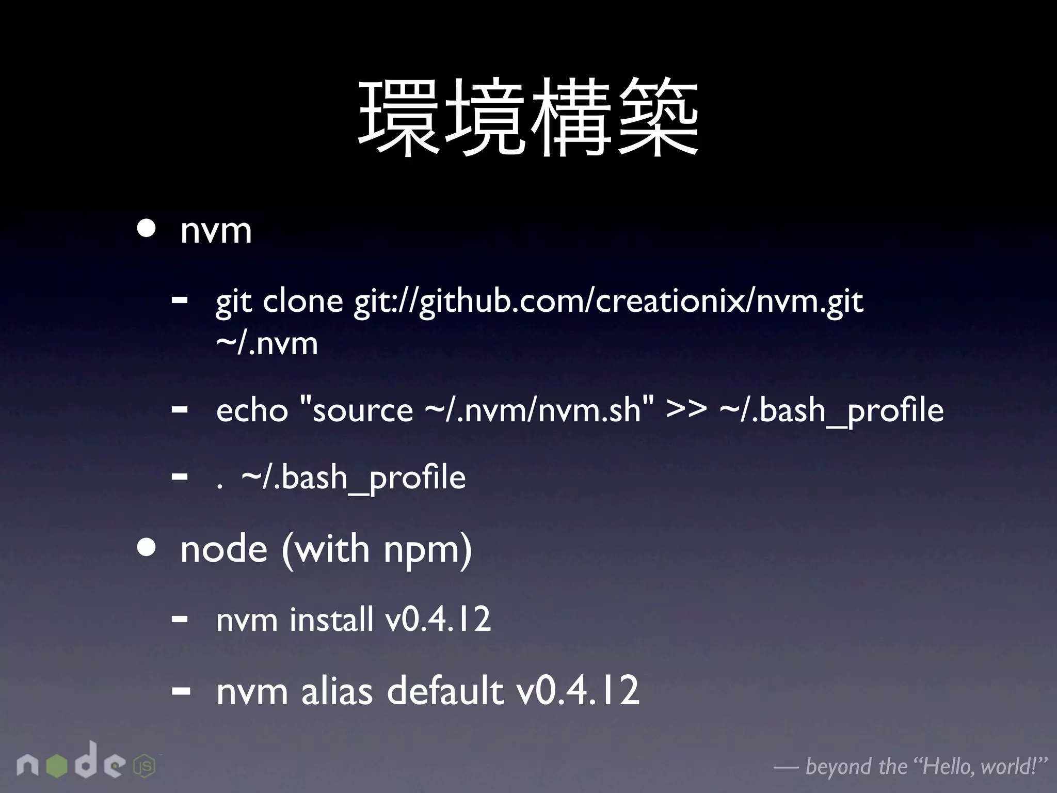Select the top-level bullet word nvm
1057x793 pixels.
coord(216,231)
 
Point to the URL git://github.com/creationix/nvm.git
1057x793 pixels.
coord(608,302)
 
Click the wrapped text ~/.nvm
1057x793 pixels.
coord(267,343)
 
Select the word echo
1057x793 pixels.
coord(252,411)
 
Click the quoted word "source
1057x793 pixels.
coord(356,411)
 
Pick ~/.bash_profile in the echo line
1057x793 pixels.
coord(831,412)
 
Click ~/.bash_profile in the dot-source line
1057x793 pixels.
coord(354,478)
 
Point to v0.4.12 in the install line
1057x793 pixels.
coord(438,619)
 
